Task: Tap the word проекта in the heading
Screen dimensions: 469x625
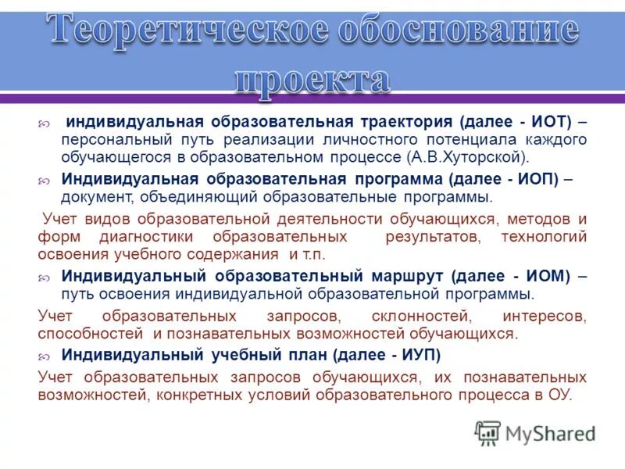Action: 312,78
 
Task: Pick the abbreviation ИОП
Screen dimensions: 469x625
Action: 534,178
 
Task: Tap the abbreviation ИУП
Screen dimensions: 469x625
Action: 421,355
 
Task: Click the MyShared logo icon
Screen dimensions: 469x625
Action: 487,432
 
